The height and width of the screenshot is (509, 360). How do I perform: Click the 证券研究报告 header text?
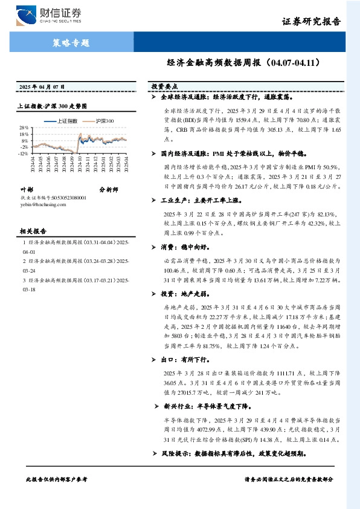pos(311,22)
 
